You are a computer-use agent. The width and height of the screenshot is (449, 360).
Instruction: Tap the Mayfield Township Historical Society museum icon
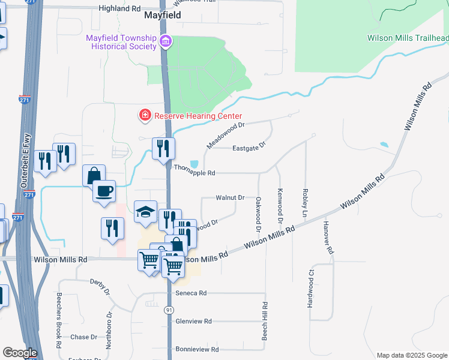[165, 42]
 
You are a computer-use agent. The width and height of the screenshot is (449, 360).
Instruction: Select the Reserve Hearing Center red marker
[145, 115]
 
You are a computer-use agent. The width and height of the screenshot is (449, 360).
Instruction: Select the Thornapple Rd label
[194, 173]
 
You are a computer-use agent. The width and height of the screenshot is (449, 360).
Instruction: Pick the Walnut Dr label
[230, 197]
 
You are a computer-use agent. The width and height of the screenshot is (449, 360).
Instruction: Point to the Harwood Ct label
[310, 293]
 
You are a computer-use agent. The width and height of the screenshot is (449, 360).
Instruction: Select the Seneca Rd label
[191, 293]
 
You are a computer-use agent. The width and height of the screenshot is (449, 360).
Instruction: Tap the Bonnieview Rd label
[197, 349]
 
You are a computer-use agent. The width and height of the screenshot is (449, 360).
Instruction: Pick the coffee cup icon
[105, 191]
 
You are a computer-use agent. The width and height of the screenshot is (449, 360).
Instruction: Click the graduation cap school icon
[145, 212]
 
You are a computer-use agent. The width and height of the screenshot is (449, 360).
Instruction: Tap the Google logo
[19, 353]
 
